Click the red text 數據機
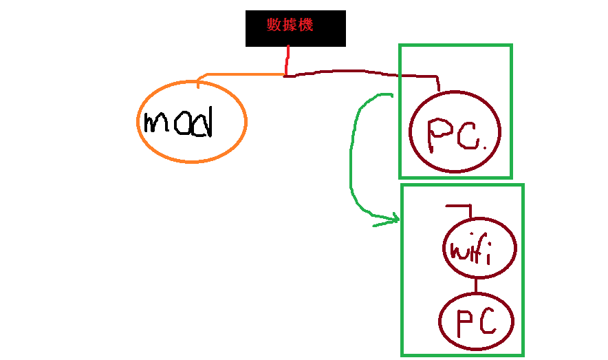pyautogui.click(x=290, y=25)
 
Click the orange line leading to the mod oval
pyautogui.click(x=241, y=74)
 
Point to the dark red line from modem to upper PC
pyautogui.click(x=358, y=71)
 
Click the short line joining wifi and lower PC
pyautogui.click(x=475, y=285)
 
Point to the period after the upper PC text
pyautogui.click(x=484, y=147)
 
